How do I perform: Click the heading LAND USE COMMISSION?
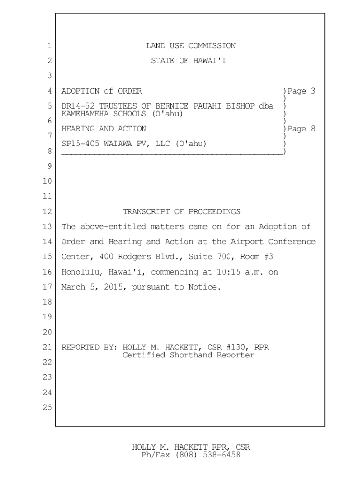coord(191,46)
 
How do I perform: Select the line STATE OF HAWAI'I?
coord(188,61)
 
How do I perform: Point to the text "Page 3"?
coord(301,91)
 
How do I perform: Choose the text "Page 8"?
coord(301,129)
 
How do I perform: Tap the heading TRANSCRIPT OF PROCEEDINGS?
coord(181,212)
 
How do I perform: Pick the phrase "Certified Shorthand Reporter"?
coord(188,355)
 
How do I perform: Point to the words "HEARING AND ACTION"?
coord(104,129)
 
